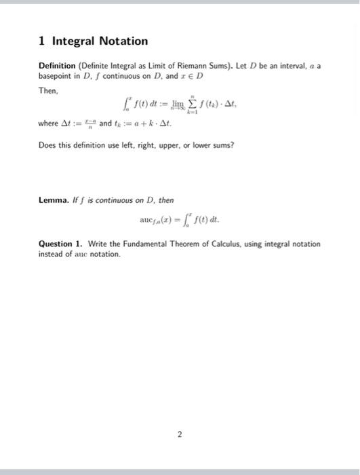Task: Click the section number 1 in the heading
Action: pyautogui.click(x=41, y=41)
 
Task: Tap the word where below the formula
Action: pyautogui.click(x=49, y=124)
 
